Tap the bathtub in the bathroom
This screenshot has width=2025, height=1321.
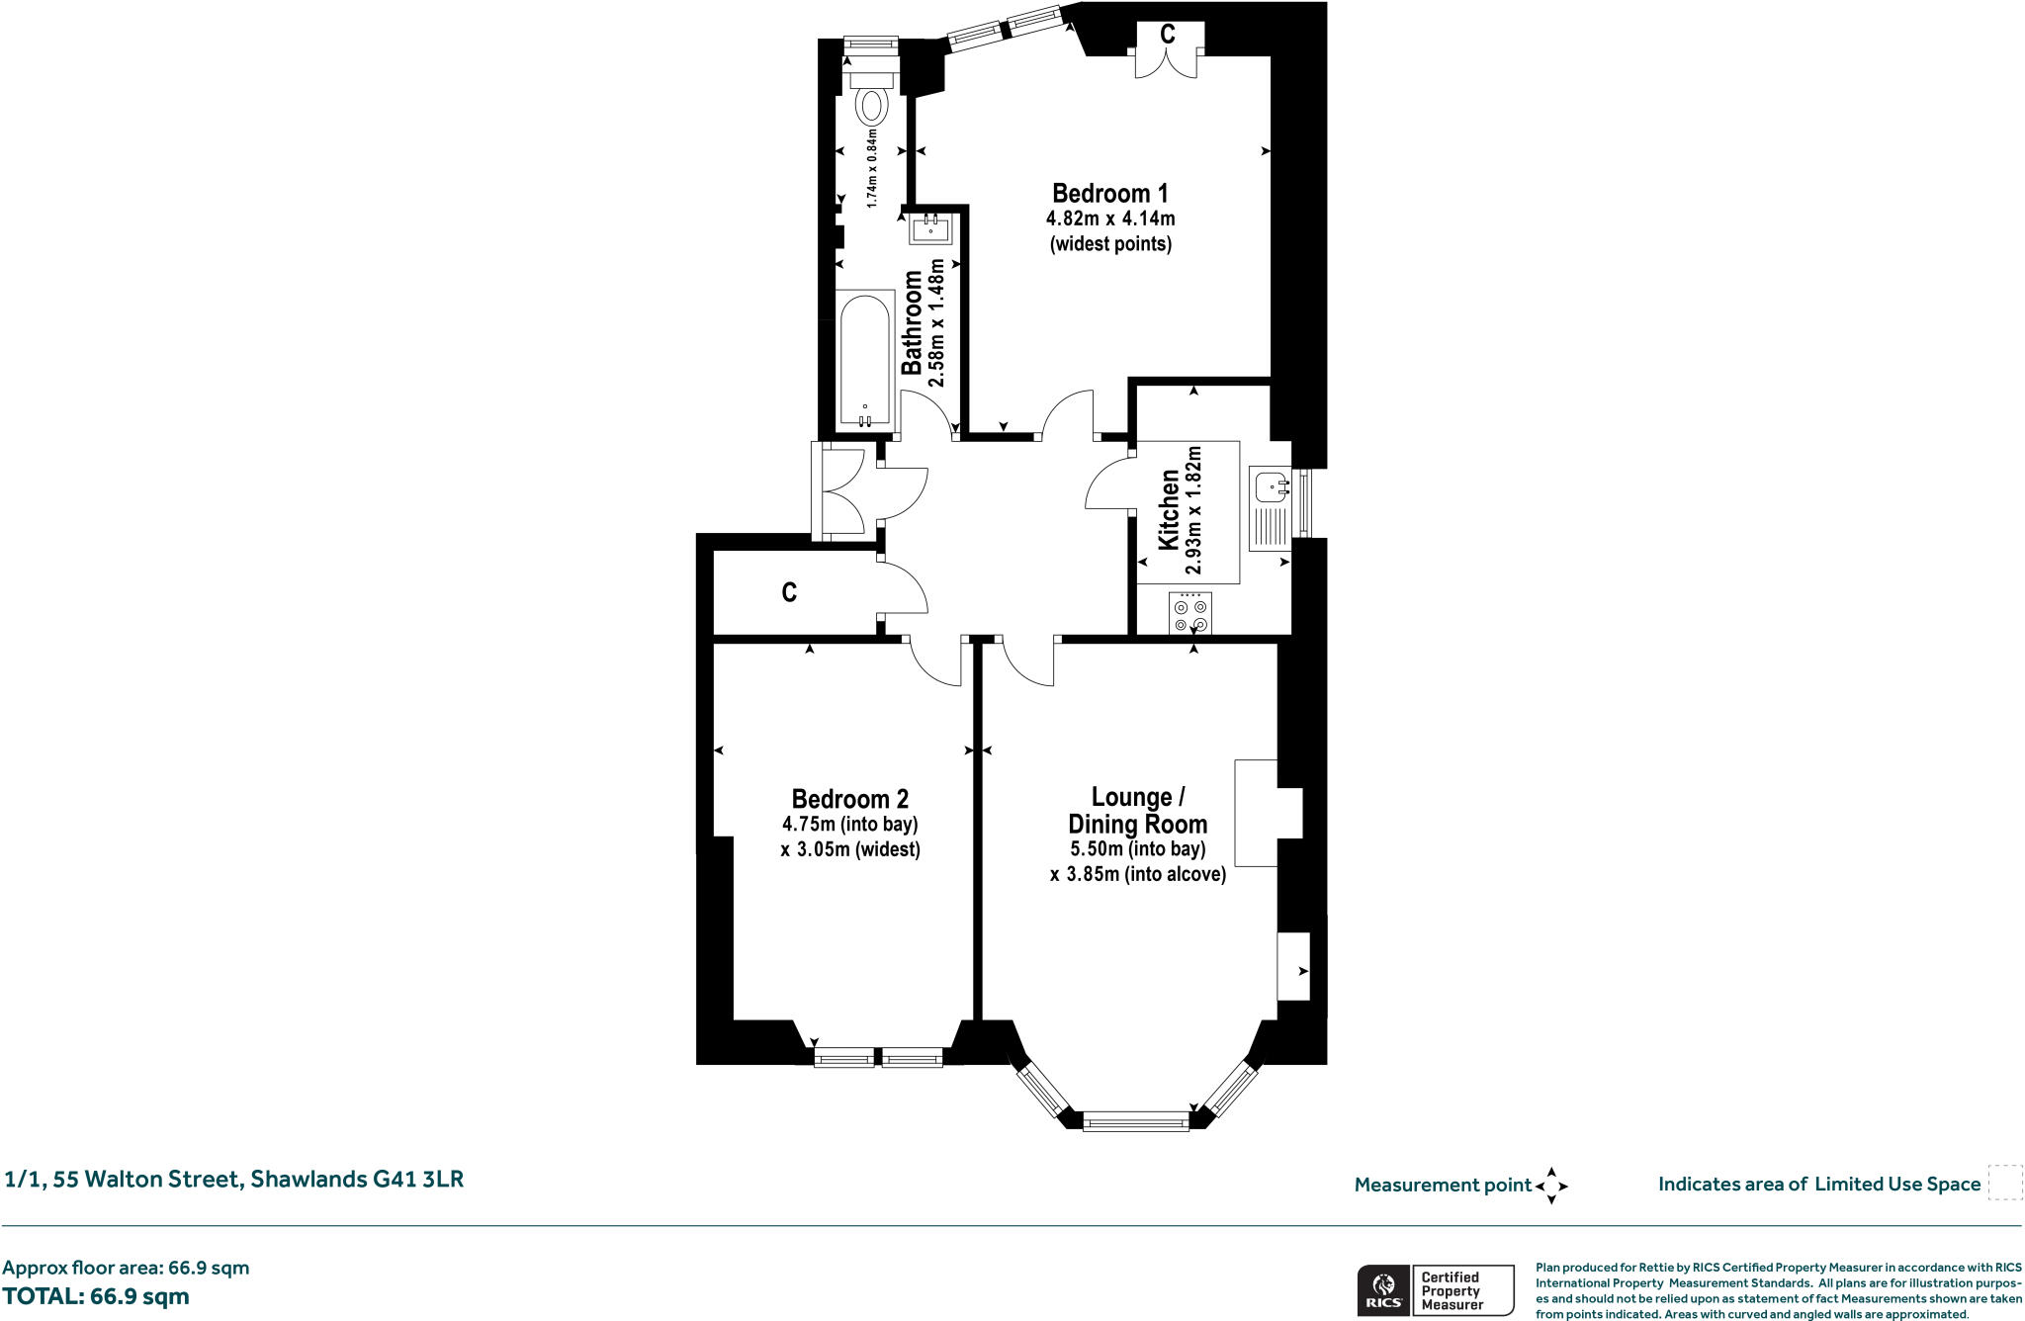(865, 359)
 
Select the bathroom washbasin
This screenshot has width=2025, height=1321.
(930, 228)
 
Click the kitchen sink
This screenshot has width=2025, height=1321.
(1271, 508)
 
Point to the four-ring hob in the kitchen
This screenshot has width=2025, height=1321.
(1190, 613)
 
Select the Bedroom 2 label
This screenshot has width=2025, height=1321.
(849, 799)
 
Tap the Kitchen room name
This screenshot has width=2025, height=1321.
(1169, 510)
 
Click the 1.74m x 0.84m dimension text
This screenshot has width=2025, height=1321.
(872, 167)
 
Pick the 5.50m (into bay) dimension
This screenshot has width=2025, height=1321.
(1137, 849)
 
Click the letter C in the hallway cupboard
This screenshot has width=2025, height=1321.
(789, 592)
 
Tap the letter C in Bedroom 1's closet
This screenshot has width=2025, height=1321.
(1168, 35)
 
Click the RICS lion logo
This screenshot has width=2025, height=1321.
(1384, 1290)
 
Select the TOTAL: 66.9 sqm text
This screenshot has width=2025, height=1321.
(96, 1296)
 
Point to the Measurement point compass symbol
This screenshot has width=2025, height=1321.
(1551, 1185)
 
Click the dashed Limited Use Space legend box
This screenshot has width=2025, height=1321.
(2005, 1183)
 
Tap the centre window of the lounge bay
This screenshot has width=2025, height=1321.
(1136, 1122)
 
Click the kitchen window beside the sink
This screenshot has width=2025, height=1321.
(1302, 503)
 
